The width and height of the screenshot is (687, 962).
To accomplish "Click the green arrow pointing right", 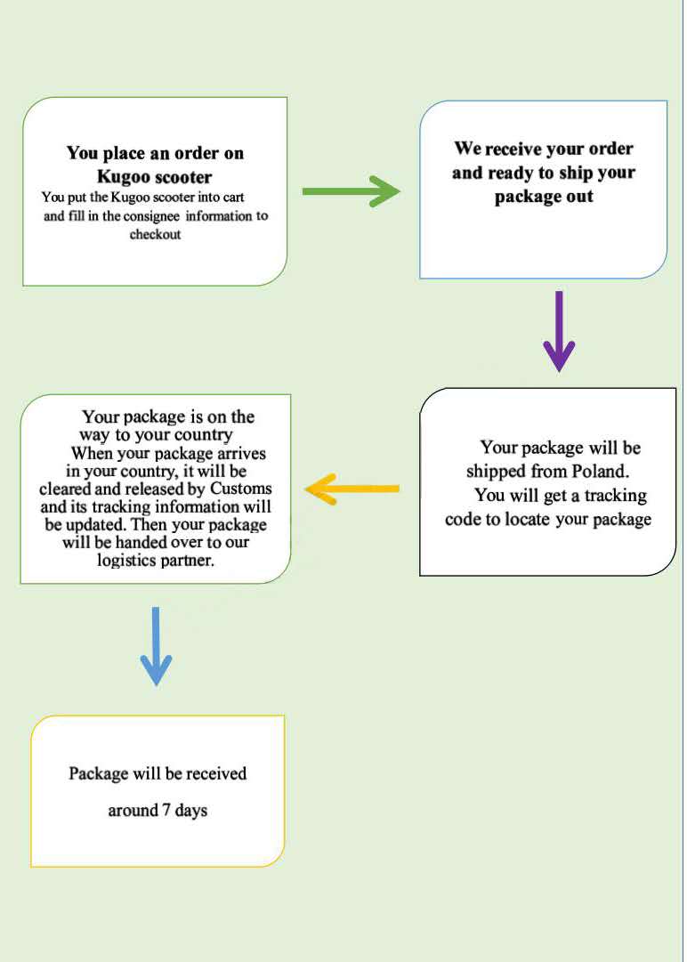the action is (x=351, y=191).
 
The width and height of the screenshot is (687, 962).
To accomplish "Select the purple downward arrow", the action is (x=559, y=331).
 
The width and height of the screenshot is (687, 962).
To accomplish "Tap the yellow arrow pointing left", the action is (x=352, y=489).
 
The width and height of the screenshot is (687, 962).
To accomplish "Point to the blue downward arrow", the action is (x=156, y=646).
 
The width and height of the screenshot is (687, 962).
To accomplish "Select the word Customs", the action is (x=240, y=489).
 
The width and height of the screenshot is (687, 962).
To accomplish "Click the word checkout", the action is (x=155, y=234).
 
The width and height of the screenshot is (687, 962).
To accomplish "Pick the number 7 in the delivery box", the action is (x=166, y=810).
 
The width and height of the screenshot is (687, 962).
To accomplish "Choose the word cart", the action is (x=233, y=198).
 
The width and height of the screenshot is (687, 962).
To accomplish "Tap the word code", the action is (x=463, y=519).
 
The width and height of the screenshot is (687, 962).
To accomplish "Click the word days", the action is (x=190, y=811).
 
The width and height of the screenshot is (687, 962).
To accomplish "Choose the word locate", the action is (x=528, y=519).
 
